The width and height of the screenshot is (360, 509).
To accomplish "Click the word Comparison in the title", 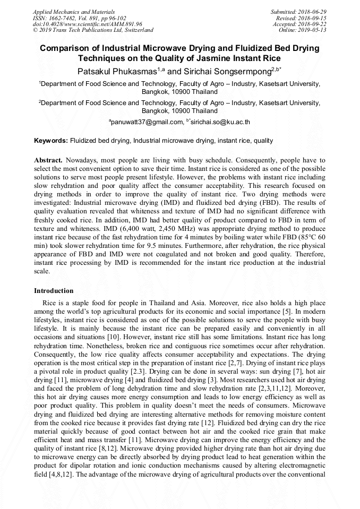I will pos(65,48).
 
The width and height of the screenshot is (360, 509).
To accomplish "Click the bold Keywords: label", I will pos(51,141).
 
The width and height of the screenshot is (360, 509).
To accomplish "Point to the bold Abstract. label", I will pos(48,160).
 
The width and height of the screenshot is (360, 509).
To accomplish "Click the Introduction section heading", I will pos(54,291).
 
